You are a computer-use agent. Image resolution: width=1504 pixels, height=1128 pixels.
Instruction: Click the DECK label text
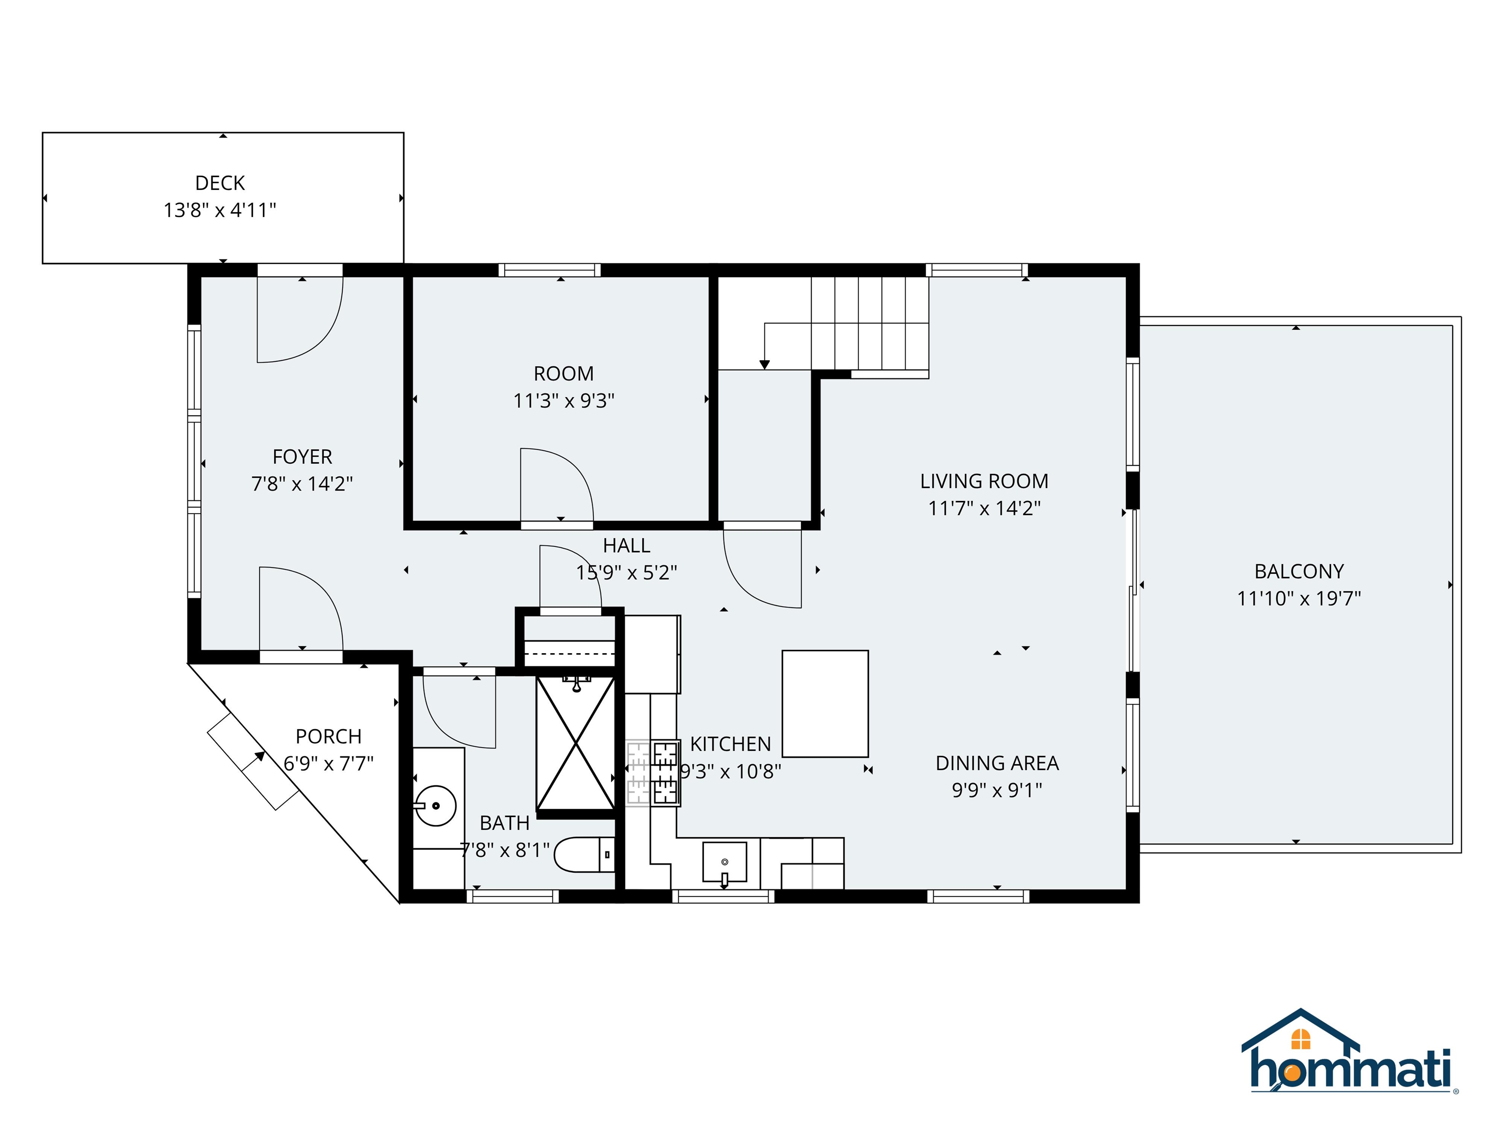220,183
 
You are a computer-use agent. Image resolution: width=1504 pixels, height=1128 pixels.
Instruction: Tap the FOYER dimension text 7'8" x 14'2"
302,483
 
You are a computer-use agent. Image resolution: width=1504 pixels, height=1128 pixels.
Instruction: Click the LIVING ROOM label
984,481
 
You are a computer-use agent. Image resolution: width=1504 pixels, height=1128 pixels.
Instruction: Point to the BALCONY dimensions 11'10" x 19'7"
1299,598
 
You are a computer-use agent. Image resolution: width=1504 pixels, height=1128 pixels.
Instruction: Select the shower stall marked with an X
576,743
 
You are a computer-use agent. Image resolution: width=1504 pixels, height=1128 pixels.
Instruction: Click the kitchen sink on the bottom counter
724,862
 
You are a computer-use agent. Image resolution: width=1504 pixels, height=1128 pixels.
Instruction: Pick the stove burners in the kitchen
666,773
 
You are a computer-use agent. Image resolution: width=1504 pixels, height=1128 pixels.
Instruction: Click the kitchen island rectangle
825,704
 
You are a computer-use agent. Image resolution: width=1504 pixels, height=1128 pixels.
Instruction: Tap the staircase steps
870,323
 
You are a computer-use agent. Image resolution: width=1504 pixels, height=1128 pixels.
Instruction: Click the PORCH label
329,736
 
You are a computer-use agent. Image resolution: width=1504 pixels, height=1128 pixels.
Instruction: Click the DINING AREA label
997,763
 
